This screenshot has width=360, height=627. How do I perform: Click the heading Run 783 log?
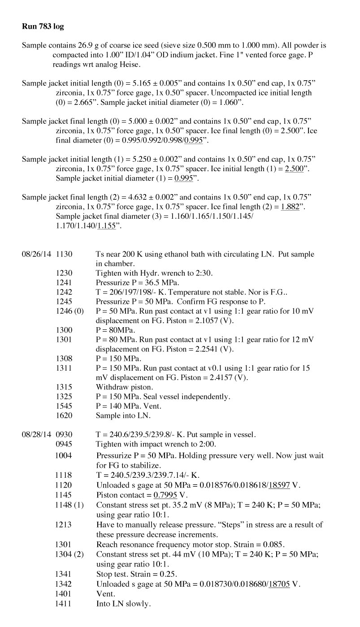click(x=43, y=26)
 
